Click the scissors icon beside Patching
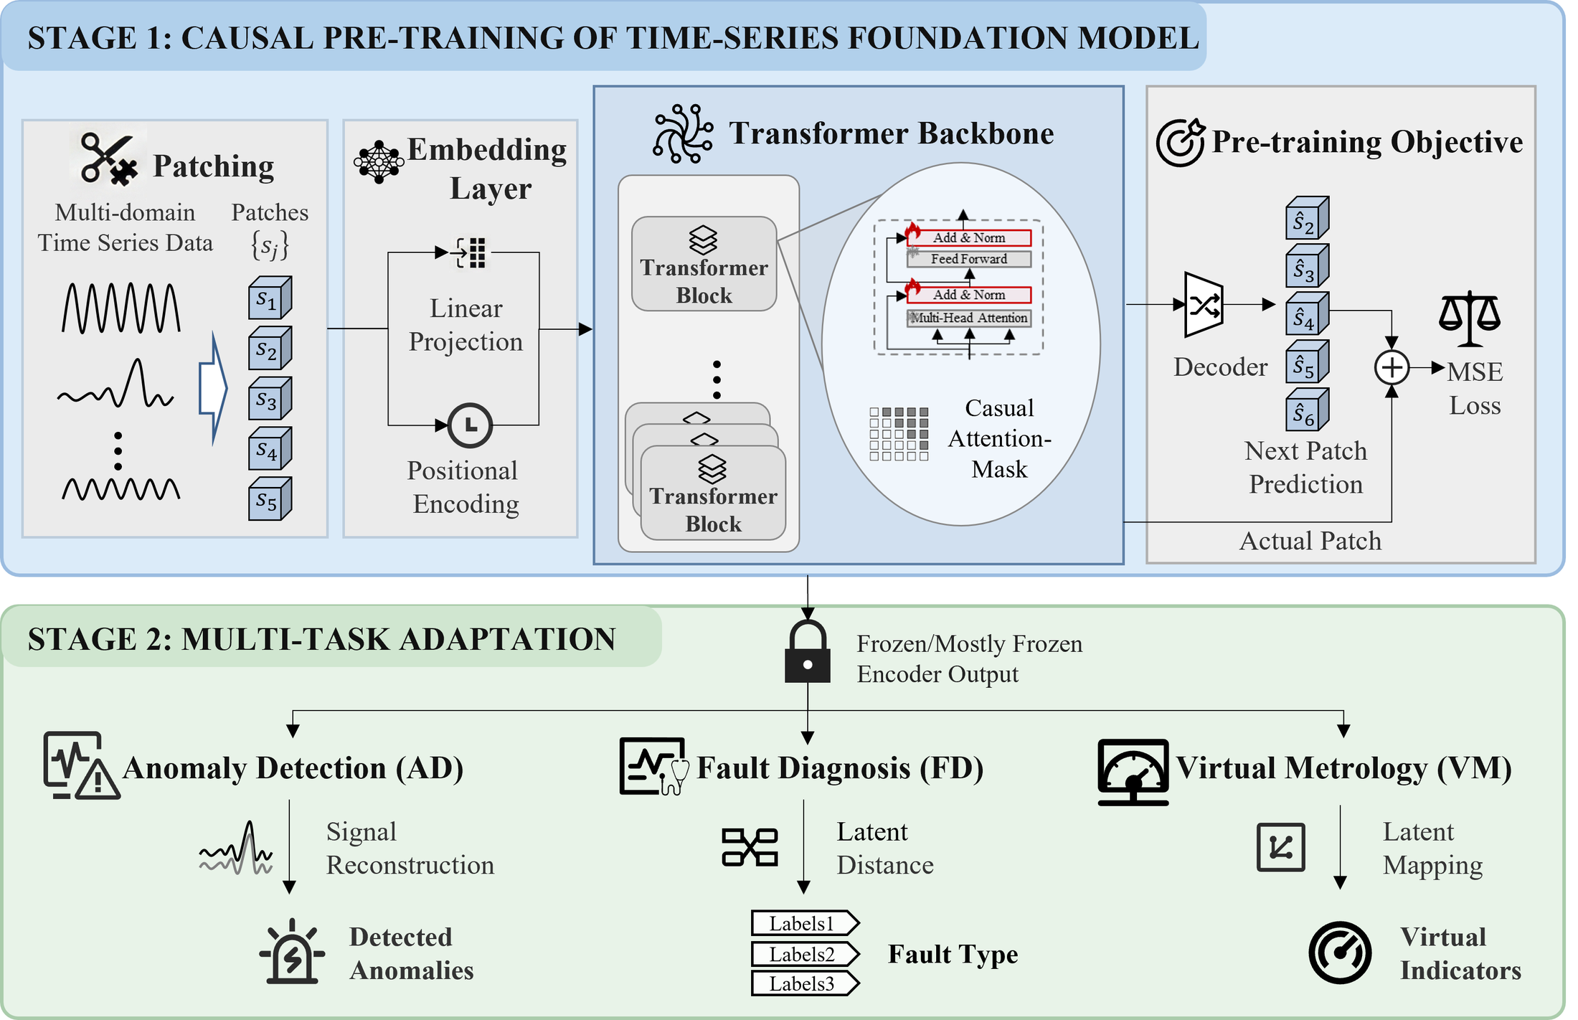[108, 158]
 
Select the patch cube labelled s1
[270, 298]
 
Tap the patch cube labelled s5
[270, 499]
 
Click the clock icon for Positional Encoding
[470, 425]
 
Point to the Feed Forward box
[969, 259]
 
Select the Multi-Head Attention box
[969, 318]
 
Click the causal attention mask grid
[899, 434]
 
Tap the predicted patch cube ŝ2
[1307, 217]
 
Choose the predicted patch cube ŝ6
[1307, 410]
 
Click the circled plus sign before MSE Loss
[1392, 368]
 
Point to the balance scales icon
[1470, 319]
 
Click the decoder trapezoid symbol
[1204, 305]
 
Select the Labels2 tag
[805, 954]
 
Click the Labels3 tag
[805, 983]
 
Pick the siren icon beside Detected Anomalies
[292, 951]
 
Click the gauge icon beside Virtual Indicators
[1340, 953]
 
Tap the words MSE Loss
[1475, 389]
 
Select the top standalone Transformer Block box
[704, 264]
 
